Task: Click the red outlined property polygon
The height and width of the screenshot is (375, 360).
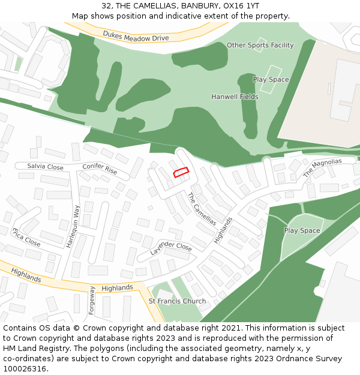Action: [x=181, y=172]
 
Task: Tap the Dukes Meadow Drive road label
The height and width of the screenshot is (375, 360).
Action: [x=136, y=37]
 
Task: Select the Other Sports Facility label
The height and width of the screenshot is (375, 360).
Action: [x=260, y=45]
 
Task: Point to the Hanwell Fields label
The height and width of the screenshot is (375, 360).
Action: [x=235, y=97]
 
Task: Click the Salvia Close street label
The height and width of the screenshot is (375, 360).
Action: [x=45, y=166]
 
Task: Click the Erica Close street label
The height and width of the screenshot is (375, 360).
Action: [x=26, y=237]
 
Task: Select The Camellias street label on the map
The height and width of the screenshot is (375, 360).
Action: [x=202, y=209]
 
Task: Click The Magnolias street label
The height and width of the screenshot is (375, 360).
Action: [x=322, y=167]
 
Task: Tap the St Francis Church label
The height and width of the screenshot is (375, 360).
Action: [x=177, y=301]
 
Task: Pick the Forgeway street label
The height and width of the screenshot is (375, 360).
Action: [x=92, y=304]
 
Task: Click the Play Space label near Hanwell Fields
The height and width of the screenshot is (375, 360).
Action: [x=271, y=80]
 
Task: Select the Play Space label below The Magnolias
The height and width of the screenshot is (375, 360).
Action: [x=302, y=230]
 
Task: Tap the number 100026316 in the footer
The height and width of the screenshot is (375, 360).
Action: [x=24, y=369]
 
